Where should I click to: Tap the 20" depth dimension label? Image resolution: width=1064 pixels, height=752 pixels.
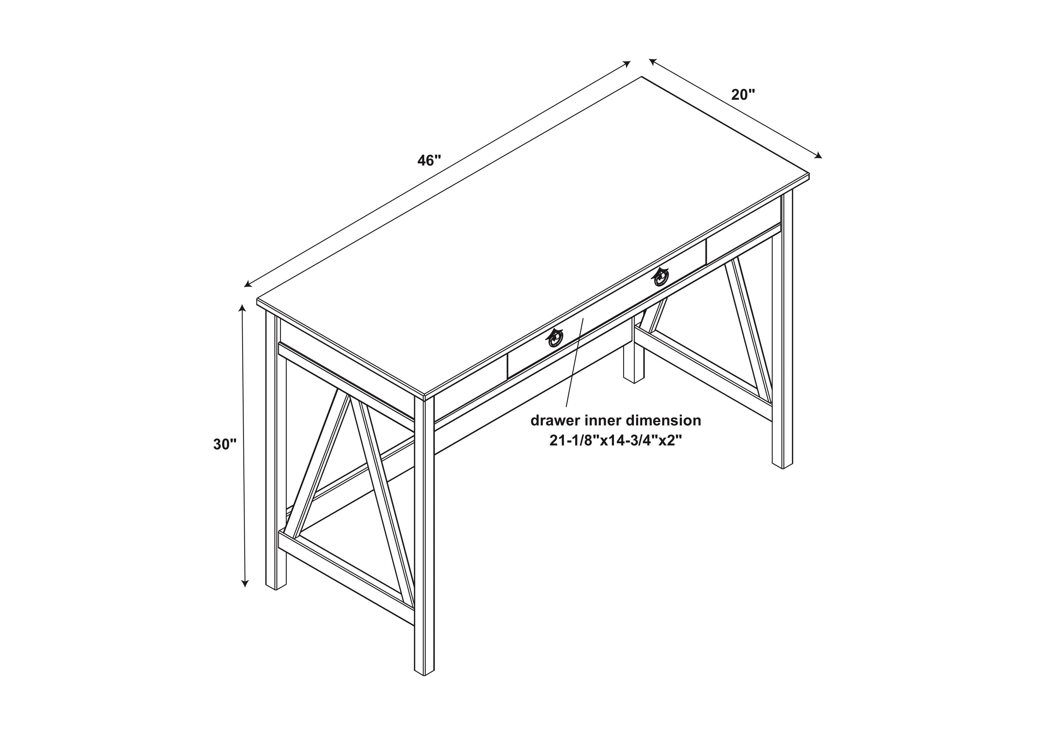coord(743,95)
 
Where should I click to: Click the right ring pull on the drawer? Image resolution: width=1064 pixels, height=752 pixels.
coord(660,277)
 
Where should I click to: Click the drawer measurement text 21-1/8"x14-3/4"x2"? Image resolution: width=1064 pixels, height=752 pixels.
coord(616,441)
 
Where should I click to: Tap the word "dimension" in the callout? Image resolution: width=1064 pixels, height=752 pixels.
coord(664,421)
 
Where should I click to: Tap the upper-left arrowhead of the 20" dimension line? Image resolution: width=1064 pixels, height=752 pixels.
coord(653,62)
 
